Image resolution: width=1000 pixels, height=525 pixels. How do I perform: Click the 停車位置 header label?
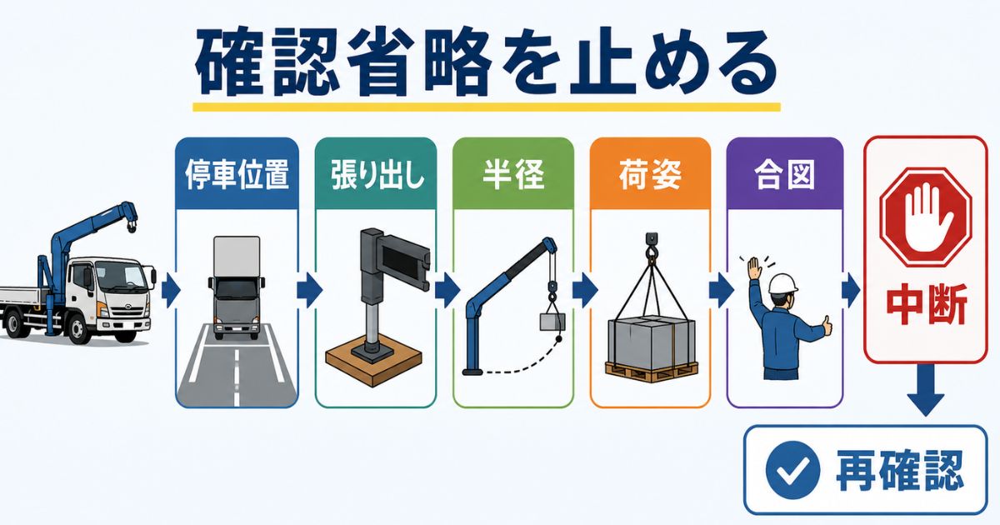[x=237, y=174]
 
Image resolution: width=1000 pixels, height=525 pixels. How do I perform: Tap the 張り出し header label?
[x=377, y=174]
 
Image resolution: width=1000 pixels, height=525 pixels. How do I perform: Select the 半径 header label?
[x=513, y=174]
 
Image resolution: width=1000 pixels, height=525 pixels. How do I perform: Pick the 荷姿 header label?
[x=650, y=174]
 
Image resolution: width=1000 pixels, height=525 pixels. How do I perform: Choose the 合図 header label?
[x=784, y=174]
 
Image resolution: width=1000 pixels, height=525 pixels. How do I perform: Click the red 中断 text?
[x=927, y=304]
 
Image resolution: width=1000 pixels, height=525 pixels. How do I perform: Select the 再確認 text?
[x=899, y=471]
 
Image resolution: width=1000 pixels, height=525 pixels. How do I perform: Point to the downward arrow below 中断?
[x=926, y=389]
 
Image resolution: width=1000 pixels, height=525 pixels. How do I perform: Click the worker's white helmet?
[x=783, y=284]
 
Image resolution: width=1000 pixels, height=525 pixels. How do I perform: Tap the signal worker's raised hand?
[x=754, y=267]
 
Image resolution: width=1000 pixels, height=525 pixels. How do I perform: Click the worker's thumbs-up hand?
[x=827, y=326]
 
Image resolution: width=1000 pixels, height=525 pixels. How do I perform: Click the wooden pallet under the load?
[x=651, y=372]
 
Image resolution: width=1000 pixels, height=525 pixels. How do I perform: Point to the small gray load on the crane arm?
[x=552, y=322]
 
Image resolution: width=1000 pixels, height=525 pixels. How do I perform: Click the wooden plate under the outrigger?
[x=373, y=362]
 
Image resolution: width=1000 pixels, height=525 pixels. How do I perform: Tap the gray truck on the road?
[x=236, y=287]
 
